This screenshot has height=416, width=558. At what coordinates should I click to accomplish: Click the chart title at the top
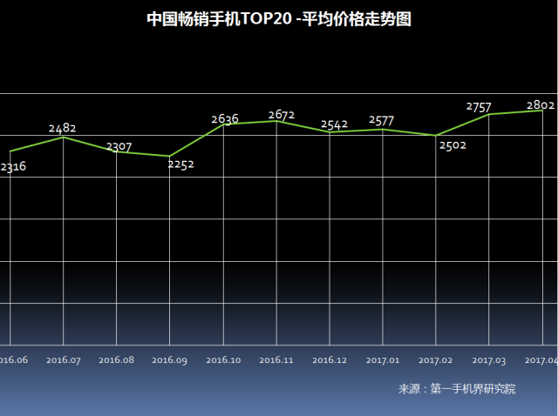click(279, 19)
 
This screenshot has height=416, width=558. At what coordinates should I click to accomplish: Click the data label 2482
click(62, 128)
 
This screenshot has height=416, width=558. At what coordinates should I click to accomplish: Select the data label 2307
click(119, 147)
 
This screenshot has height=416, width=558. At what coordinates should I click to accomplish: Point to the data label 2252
click(181, 164)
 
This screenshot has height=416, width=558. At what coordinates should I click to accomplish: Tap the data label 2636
click(225, 119)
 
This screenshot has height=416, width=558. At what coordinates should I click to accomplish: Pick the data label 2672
click(281, 114)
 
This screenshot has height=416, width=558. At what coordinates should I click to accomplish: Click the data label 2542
click(334, 124)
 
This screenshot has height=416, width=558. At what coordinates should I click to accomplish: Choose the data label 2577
click(384, 120)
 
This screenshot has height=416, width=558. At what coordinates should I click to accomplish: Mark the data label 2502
click(453, 145)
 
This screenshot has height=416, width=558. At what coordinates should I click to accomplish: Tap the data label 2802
click(541, 104)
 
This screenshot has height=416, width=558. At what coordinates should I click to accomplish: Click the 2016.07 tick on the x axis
click(64, 359)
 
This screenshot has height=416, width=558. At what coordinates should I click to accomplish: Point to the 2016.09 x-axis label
click(169, 359)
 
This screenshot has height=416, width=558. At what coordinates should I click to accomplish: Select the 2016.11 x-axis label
click(276, 359)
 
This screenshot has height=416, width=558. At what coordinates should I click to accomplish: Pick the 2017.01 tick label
click(383, 359)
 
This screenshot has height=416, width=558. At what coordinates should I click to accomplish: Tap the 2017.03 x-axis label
click(489, 359)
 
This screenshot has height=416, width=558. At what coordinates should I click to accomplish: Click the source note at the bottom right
click(457, 389)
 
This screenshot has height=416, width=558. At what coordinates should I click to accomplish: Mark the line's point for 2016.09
click(170, 157)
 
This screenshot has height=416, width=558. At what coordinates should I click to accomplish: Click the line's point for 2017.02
click(436, 136)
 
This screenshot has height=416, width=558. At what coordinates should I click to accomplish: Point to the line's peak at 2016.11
click(276, 121)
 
